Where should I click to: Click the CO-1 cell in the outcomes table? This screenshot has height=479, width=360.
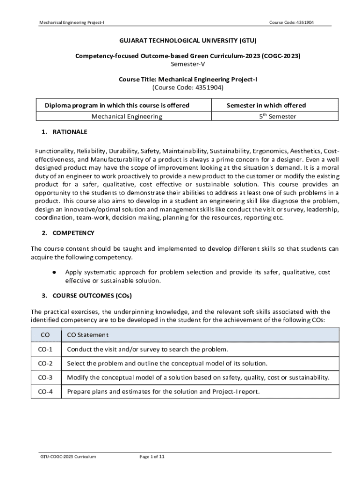45,349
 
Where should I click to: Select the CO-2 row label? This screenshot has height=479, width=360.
45,363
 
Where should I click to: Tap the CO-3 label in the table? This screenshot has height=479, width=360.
45,377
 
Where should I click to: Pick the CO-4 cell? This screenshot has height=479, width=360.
45,392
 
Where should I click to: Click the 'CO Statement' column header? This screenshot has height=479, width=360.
87,334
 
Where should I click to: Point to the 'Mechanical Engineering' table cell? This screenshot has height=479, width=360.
127,116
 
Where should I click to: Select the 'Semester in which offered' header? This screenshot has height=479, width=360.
266,105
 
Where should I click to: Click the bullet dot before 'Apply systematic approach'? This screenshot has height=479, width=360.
55,272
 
